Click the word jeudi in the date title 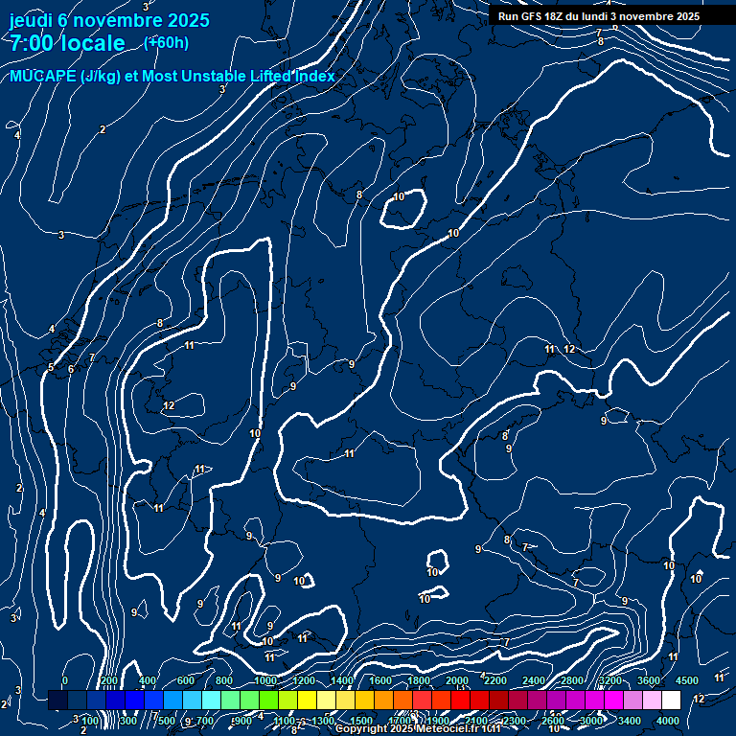point(31,20)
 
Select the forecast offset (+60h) point(166,42)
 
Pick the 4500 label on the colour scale point(686,680)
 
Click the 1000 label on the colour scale point(265,680)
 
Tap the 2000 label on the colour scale point(457,680)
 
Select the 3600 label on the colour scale point(649,680)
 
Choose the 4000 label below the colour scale point(668,721)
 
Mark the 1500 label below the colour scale point(361,721)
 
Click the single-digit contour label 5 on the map point(51,367)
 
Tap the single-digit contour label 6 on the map point(71,369)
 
